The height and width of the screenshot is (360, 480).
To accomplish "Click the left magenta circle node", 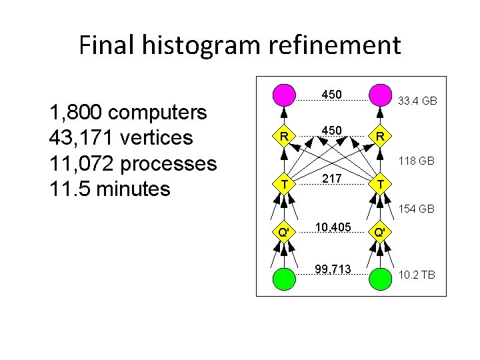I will click(x=284, y=95).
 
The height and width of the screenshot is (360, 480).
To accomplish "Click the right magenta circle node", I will click(x=380, y=95).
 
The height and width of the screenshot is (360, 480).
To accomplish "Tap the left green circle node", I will click(x=284, y=277).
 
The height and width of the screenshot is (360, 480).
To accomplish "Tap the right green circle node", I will click(x=380, y=277).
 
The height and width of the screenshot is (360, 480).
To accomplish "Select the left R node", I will click(x=284, y=137).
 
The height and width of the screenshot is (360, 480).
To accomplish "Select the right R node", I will click(x=380, y=137).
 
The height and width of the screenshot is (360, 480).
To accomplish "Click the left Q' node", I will click(x=284, y=233).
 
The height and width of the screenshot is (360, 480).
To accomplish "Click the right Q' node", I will click(x=380, y=233).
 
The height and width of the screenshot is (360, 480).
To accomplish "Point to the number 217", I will click(x=332, y=179).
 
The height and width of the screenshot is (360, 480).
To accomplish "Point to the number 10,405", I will click(x=332, y=228).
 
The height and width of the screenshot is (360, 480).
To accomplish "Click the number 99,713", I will click(x=332, y=270).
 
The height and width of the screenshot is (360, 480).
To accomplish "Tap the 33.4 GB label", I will click(x=417, y=101).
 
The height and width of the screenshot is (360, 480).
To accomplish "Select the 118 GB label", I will click(x=417, y=161).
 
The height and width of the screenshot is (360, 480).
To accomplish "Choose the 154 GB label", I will click(x=417, y=209).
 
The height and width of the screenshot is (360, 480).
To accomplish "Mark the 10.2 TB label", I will click(x=417, y=274).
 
